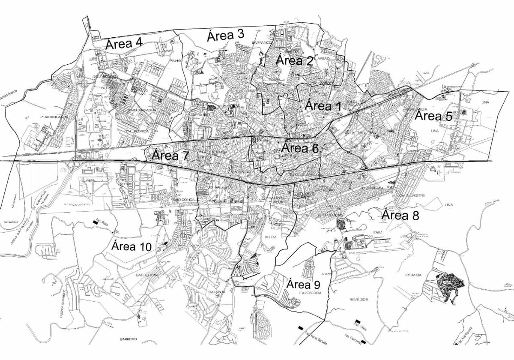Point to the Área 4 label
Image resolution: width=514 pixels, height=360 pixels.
(x=124, y=43)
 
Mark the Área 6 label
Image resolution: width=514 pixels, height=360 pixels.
(x=300, y=148)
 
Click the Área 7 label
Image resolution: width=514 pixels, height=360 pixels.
(x=170, y=156)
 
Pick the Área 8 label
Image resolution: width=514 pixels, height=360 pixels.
(x=400, y=215)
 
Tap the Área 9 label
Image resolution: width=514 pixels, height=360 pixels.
(x=303, y=284)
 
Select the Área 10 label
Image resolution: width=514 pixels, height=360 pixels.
(x=131, y=246)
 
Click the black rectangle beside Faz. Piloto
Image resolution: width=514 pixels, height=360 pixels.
(x=95, y=222)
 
